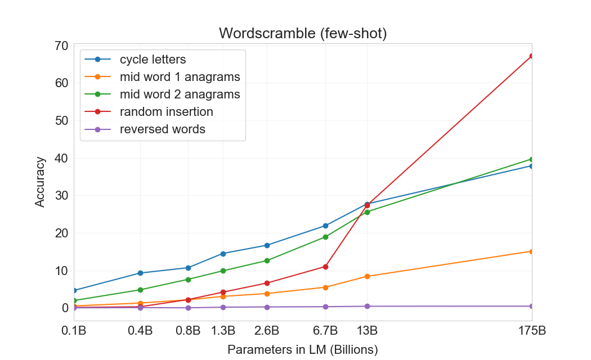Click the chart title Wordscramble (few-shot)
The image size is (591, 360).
tap(303, 33)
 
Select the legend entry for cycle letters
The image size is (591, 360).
tap(153, 59)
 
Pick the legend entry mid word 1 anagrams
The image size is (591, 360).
tap(180, 76)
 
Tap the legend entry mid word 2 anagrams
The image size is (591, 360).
tap(180, 94)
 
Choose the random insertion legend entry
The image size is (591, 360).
tap(166, 111)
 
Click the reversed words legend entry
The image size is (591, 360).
tap(162, 129)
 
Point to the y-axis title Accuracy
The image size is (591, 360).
tap(40, 182)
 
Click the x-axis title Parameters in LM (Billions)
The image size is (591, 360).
tap(303, 349)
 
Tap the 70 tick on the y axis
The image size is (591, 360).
tap(62, 46)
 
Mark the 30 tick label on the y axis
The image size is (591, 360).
tap(62, 196)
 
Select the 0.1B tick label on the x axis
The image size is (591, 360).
tap(74, 330)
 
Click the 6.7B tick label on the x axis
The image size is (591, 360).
tap(325, 330)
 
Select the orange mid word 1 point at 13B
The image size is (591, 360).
tap(367, 276)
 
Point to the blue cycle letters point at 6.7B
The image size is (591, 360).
tap(325, 226)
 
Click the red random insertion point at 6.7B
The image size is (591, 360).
tap(325, 267)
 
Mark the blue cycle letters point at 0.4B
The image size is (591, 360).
tap(140, 273)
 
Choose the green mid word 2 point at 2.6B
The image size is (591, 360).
tap(267, 260)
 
